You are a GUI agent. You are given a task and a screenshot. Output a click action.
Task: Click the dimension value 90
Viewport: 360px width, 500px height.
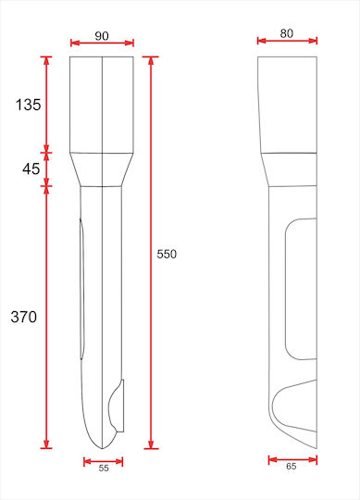102,36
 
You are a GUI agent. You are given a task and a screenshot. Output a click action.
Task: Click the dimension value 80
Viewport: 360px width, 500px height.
286,33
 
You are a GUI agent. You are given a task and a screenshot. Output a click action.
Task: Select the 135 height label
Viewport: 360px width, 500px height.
29,105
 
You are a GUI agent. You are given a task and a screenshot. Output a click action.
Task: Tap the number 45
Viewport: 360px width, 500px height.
31,169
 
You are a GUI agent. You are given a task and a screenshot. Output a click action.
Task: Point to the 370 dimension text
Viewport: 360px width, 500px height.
23,317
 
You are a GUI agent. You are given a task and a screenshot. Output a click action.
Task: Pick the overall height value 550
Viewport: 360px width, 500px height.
167,254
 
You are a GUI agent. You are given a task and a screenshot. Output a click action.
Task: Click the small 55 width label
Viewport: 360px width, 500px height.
104,469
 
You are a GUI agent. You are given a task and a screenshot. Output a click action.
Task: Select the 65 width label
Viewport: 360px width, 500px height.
291,466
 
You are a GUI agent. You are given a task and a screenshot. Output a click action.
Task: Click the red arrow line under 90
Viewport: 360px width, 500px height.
102,43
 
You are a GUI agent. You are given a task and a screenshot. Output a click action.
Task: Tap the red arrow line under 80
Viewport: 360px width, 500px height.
288,41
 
